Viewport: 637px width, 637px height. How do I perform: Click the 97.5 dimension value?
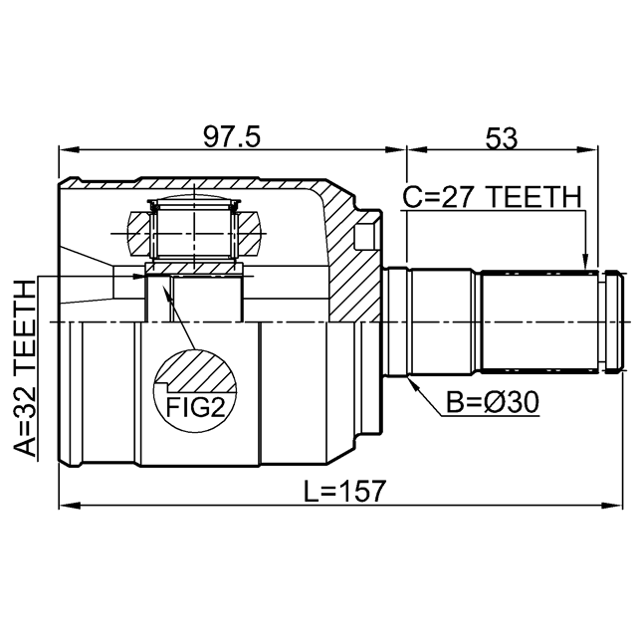(231, 137)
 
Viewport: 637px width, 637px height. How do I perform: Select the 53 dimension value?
(502, 138)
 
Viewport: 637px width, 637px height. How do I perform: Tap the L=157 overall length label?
(343, 491)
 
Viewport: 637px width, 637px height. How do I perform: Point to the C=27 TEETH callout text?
(492, 197)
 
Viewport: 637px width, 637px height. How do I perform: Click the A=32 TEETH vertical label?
(25, 368)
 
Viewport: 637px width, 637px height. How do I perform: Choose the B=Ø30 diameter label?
(493, 402)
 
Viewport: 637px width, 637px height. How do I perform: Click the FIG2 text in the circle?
(195, 407)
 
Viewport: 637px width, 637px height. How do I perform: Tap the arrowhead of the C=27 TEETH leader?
(585, 261)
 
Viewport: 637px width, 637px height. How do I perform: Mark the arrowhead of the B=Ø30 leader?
(413, 383)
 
